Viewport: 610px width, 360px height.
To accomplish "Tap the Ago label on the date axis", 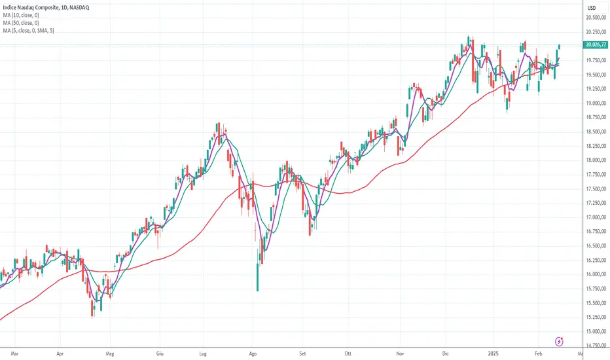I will tap(253, 352).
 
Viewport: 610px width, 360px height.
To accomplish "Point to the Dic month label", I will tap(448, 352).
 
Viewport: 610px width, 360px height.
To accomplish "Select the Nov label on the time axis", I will tap(399, 352).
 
